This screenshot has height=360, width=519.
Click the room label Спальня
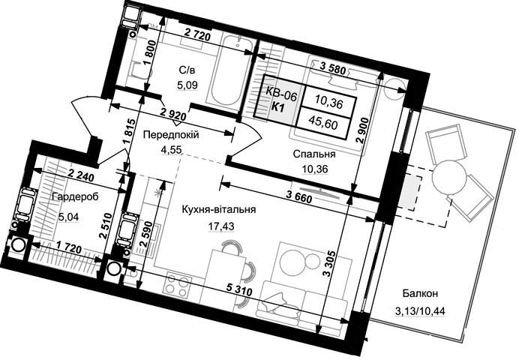(314, 154)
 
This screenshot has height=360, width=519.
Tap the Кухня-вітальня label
(218, 210)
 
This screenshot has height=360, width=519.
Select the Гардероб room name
(75, 197)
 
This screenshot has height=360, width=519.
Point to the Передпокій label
(171, 135)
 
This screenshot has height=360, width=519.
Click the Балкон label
(420, 293)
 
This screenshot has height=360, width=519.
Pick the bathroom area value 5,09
(187, 85)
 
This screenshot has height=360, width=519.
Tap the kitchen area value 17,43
(221, 226)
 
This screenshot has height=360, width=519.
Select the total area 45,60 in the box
(327, 124)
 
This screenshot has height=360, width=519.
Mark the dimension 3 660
(298, 198)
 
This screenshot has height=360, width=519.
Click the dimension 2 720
(197, 34)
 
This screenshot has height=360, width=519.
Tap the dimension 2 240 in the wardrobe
(81, 175)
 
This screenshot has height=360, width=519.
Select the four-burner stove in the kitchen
(177, 286)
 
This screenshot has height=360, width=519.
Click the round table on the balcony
(449, 178)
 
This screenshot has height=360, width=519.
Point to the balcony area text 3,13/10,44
(420, 311)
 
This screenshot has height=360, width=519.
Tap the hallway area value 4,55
(171, 150)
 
